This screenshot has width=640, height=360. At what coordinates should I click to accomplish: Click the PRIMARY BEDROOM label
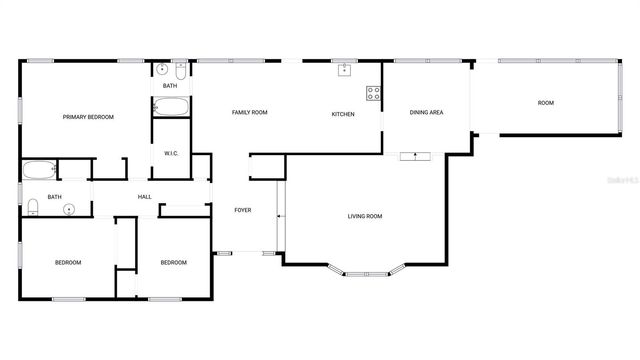(x=88, y=117)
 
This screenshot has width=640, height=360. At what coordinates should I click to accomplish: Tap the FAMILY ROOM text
(x=250, y=112)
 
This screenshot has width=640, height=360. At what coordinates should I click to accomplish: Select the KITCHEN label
(x=343, y=114)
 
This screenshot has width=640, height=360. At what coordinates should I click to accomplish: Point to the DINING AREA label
(x=426, y=112)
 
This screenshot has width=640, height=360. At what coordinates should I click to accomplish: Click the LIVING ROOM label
(x=365, y=216)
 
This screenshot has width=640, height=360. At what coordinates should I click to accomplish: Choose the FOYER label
(x=243, y=210)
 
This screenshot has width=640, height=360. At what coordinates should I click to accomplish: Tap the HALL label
(x=144, y=197)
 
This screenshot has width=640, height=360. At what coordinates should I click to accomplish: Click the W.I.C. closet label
(x=171, y=153)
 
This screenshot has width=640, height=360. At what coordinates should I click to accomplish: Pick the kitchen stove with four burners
(x=373, y=94)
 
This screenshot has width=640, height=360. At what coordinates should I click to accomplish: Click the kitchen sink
(x=344, y=70)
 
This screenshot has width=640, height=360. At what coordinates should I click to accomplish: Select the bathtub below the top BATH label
(x=170, y=107)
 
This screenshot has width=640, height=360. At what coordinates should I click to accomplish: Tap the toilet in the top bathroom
(x=180, y=71)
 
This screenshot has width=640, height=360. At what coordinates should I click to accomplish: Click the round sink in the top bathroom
(x=162, y=70)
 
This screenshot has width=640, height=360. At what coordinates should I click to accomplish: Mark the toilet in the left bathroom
(x=32, y=207)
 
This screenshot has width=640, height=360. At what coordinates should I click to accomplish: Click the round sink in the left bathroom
(x=69, y=209)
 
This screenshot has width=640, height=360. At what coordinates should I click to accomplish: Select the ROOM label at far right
(x=546, y=103)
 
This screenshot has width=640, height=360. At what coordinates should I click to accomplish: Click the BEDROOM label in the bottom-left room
(x=67, y=262)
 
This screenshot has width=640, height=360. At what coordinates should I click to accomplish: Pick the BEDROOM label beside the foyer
(x=174, y=262)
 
